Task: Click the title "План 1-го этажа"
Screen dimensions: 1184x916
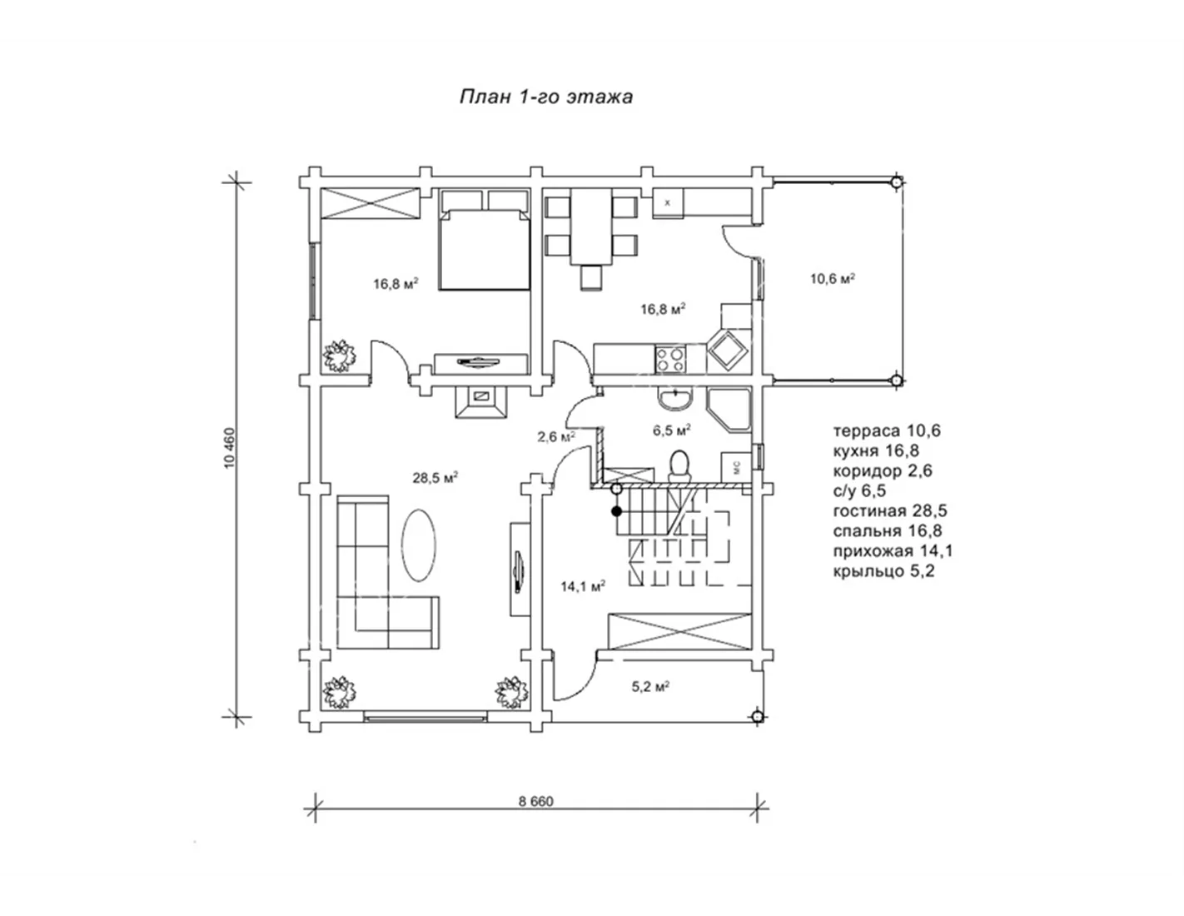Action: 546,97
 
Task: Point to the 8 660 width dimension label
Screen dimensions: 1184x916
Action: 535,802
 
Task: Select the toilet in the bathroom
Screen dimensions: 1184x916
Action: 679,465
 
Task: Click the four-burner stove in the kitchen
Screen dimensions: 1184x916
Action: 670,360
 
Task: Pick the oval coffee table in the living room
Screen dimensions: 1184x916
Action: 419,545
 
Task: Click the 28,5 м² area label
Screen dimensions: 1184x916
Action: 435,478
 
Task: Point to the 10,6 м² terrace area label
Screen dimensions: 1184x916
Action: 832,278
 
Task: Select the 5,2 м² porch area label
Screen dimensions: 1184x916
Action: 650,687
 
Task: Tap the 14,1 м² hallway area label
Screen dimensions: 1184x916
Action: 583,586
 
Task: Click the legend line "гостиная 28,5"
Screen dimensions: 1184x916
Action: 890,510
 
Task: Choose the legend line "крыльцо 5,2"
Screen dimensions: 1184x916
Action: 883,571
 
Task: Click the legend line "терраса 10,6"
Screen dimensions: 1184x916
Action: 887,431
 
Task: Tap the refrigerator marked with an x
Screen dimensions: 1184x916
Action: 668,203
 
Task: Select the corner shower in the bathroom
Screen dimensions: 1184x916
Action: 729,410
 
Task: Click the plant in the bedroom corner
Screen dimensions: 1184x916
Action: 340,356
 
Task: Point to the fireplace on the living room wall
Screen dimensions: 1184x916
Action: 480,401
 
